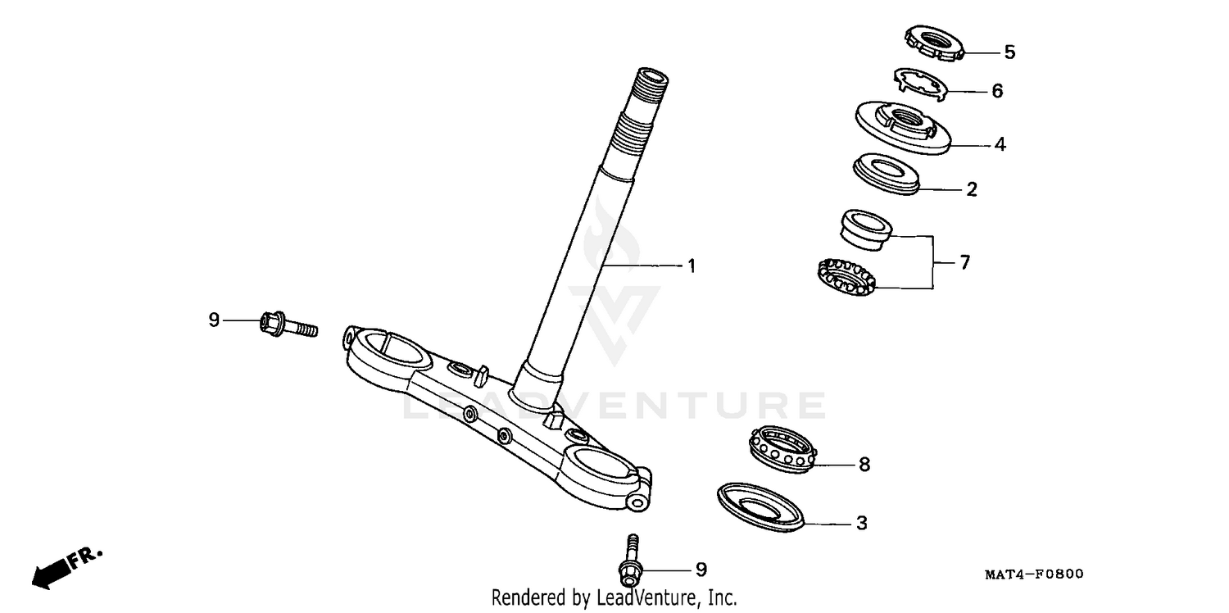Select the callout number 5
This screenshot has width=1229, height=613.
pos(1009,52)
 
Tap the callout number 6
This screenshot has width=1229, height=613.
pos(997,91)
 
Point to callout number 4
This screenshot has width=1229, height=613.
pos(1000,145)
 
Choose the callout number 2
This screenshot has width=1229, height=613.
pos(972,190)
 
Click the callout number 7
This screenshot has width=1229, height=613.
pos(964,263)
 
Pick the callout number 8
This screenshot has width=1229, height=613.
pos(864,465)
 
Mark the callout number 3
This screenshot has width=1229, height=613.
pos(861,523)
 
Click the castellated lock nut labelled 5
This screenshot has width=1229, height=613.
pos(933,42)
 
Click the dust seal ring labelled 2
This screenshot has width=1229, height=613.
pos(887,174)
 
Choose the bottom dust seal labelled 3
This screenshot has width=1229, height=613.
pos(761,507)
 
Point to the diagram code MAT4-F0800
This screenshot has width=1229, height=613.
pos(1033,574)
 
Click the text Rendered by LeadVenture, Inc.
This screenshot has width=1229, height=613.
pos(614,597)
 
